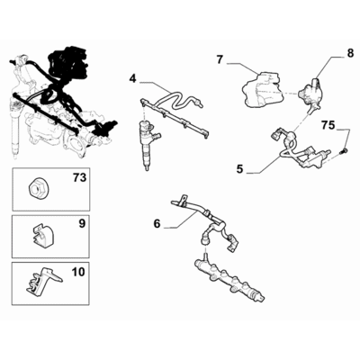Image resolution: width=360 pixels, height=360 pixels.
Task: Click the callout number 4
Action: pyautogui.click(x=132, y=78)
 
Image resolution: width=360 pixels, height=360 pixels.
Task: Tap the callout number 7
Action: pyautogui.click(x=219, y=60)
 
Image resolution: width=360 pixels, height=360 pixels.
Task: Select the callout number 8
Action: pyautogui.click(x=350, y=54)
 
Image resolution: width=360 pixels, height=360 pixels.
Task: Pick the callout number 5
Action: pyautogui.click(x=240, y=166)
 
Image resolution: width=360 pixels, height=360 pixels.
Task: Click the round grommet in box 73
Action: pyautogui.click(x=38, y=190)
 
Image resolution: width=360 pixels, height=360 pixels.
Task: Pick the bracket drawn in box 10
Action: pyautogui.click(x=36, y=284)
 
